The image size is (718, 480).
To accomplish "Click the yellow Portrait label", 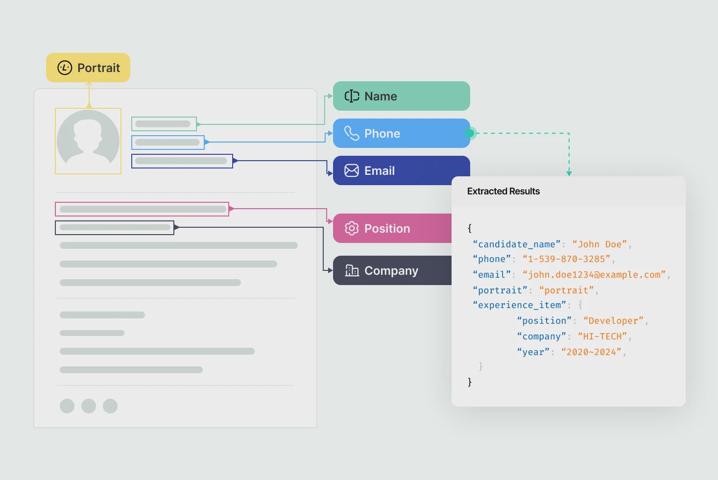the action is [88, 68].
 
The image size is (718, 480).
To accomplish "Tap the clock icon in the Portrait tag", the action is [65, 68].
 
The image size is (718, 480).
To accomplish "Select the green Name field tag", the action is [401, 96].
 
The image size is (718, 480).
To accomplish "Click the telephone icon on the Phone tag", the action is [351, 133].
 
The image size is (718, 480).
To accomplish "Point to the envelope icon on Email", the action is [351, 170].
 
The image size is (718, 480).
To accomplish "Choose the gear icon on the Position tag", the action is [351, 228].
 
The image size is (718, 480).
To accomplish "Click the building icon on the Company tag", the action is [352, 270].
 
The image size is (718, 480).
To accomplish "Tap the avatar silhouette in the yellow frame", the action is [88, 137].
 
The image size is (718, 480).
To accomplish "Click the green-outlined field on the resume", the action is [164, 124].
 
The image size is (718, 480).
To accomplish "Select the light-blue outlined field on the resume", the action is [168, 143].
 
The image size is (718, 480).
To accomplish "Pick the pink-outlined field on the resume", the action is [142, 209].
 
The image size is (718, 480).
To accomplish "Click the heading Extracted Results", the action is [503, 192].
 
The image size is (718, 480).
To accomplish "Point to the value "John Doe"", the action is [599, 244].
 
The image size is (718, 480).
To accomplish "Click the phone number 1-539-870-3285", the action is [566, 259].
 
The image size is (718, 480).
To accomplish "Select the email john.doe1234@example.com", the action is [594, 275].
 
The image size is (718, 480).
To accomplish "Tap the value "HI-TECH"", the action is [602, 336].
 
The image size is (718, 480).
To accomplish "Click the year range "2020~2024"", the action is [591, 352].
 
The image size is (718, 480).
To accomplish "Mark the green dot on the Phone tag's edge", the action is [470, 133].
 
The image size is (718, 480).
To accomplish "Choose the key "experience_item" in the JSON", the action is [519, 305].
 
